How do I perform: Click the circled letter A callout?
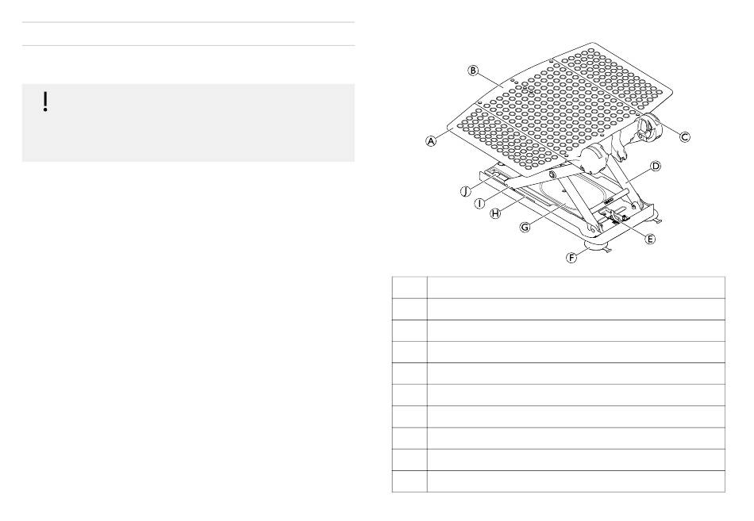click(431, 141)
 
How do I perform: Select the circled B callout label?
click(473, 71)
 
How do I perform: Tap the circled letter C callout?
click(683, 136)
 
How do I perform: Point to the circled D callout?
click(655, 167)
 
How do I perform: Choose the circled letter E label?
click(649, 238)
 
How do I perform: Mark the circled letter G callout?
click(525, 227)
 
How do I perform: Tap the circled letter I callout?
click(479, 202)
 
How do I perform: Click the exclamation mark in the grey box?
click(46, 101)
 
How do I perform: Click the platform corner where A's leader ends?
click(449, 127)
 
